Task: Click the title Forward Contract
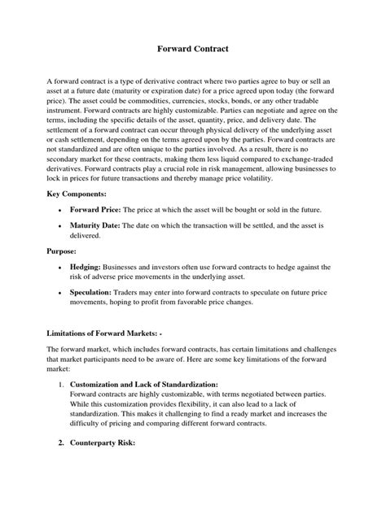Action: click(x=192, y=50)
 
